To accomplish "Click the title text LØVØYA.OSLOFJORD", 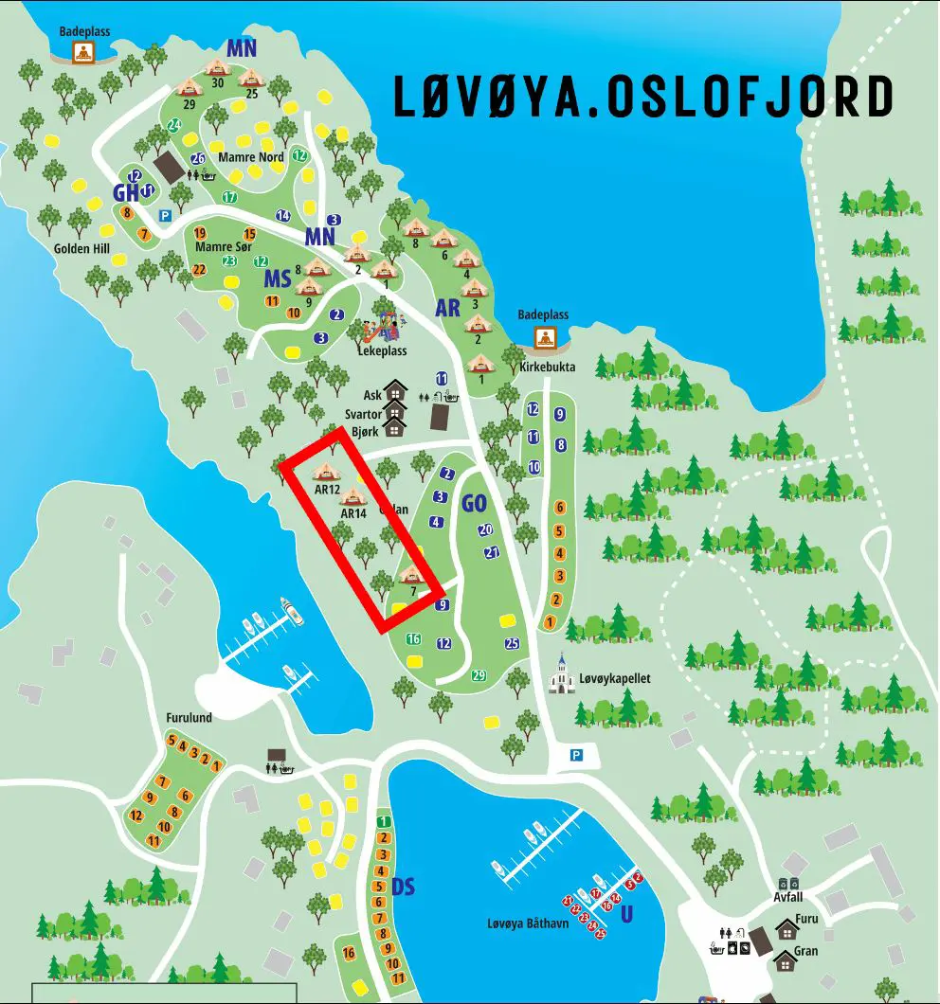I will click(643, 97).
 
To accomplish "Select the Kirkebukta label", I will click(541, 367).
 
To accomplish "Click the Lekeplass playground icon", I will click(382, 325).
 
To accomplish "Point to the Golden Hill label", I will click(81, 249).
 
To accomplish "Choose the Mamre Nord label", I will click(251, 157).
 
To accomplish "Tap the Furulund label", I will click(189, 718).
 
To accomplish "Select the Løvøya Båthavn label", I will click(528, 923).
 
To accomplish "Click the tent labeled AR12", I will click(326, 471).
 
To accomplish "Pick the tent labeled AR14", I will click(353, 495).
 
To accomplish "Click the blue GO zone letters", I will click(474, 504).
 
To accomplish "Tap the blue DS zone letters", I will click(404, 887).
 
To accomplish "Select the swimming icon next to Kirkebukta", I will click(545, 337).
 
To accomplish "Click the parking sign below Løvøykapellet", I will click(576, 754).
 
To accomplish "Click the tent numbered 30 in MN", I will click(218, 67).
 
